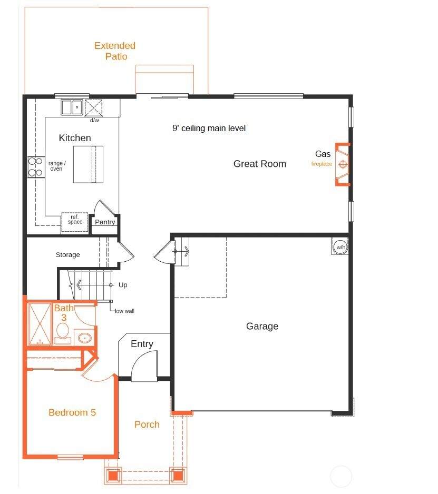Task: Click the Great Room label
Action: tap(259, 164)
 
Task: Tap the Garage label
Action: tap(262, 326)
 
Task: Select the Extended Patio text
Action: tap(115, 51)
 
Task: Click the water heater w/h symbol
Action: tap(340, 246)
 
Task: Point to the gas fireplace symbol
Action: tap(343, 164)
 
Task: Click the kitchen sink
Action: tap(72, 107)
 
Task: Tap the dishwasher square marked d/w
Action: tap(93, 108)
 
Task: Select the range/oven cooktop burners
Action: tap(36, 167)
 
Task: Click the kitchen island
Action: tap(88, 164)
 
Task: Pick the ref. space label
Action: tap(75, 219)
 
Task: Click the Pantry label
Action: tap(105, 222)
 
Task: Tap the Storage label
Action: tap(68, 254)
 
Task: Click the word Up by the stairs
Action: tap(123, 285)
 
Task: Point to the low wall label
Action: tap(124, 311)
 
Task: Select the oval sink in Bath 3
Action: tap(84, 338)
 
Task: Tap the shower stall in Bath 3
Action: tap(40, 324)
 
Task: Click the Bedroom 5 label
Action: tap(72, 412)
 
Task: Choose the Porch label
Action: tap(147, 424)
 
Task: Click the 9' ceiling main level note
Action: tap(209, 128)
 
